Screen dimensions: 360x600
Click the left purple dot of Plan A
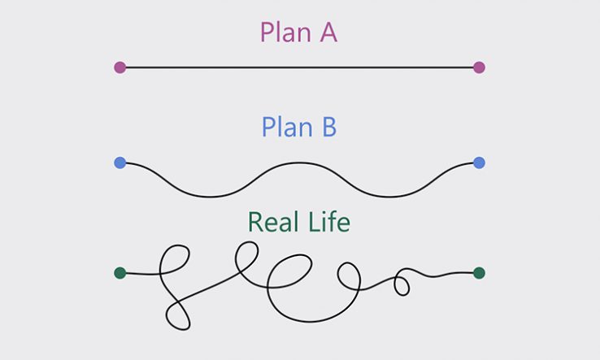[x=120, y=67]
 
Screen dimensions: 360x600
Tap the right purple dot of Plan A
[x=479, y=67]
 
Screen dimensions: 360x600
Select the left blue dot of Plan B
[x=120, y=163]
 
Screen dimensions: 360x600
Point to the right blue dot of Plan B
[x=479, y=163]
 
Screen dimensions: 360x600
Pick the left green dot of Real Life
[x=120, y=273]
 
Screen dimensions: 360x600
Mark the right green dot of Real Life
[x=479, y=273]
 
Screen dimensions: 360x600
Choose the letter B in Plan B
[x=328, y=128]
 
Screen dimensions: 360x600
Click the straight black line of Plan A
[x=299, y=67]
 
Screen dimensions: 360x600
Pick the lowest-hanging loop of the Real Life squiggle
[x=177, y=313]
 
